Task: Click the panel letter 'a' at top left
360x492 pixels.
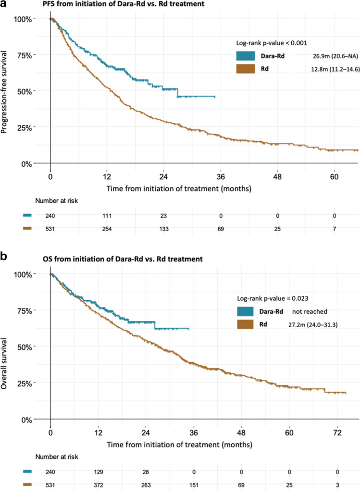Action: [4, 5]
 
